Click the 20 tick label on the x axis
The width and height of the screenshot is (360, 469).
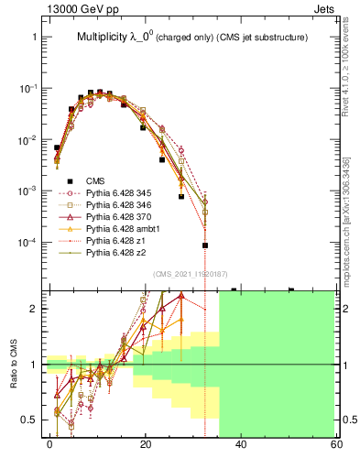tap(146, 444)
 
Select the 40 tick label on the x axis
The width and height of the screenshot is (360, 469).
tap(240, 444)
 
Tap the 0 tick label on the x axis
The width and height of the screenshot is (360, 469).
tap(50, 444)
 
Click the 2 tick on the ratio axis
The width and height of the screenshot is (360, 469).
tap(35, 309)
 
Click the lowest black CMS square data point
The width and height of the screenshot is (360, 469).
tap(205, 245)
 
